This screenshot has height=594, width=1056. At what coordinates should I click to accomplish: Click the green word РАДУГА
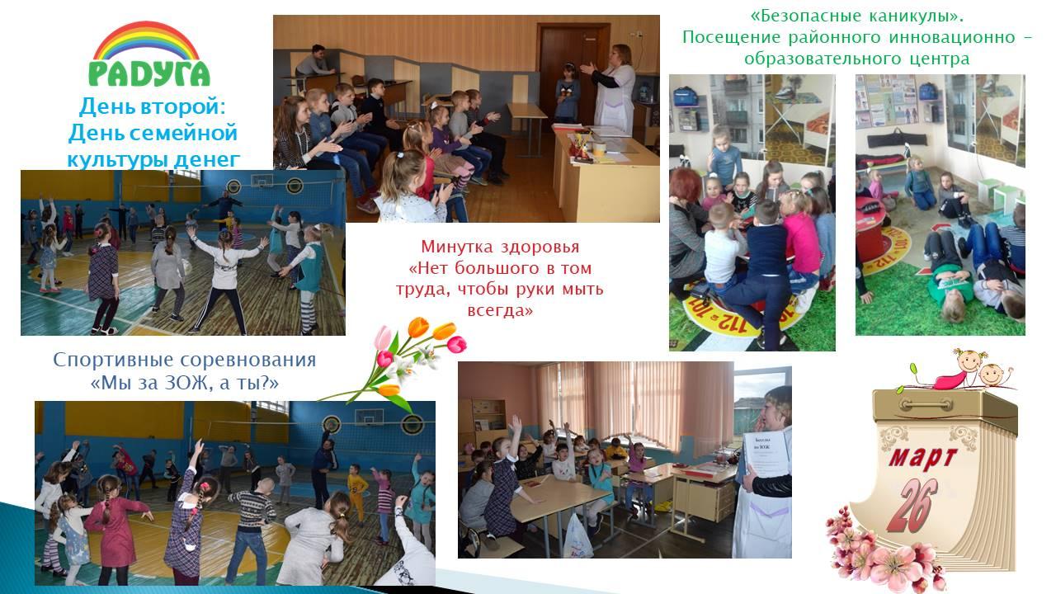pos(149,74)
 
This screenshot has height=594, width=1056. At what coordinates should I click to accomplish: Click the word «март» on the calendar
pos(922,458)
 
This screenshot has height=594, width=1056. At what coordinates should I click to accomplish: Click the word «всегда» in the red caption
pos(500,310)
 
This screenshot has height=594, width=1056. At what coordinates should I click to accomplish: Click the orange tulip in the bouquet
pos(418,328)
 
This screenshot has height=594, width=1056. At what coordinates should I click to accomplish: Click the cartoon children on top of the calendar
pos(960,370)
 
